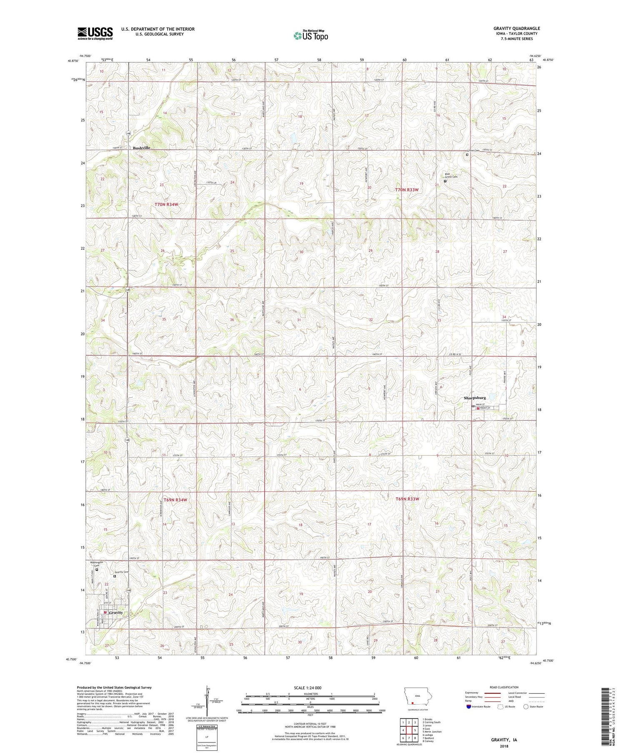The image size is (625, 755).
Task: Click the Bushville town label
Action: point(142,148)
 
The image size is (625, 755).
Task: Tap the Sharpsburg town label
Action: point(475,398)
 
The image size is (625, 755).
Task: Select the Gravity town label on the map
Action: point(116,613)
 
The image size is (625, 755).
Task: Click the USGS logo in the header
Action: point(95,33)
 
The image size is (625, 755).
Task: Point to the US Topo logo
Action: point(310,36)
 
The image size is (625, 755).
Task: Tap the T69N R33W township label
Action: point(407,499)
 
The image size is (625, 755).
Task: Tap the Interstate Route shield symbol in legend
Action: point(469,707)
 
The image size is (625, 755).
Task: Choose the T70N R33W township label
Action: point(407,189)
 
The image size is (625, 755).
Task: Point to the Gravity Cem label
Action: point(122,572)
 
